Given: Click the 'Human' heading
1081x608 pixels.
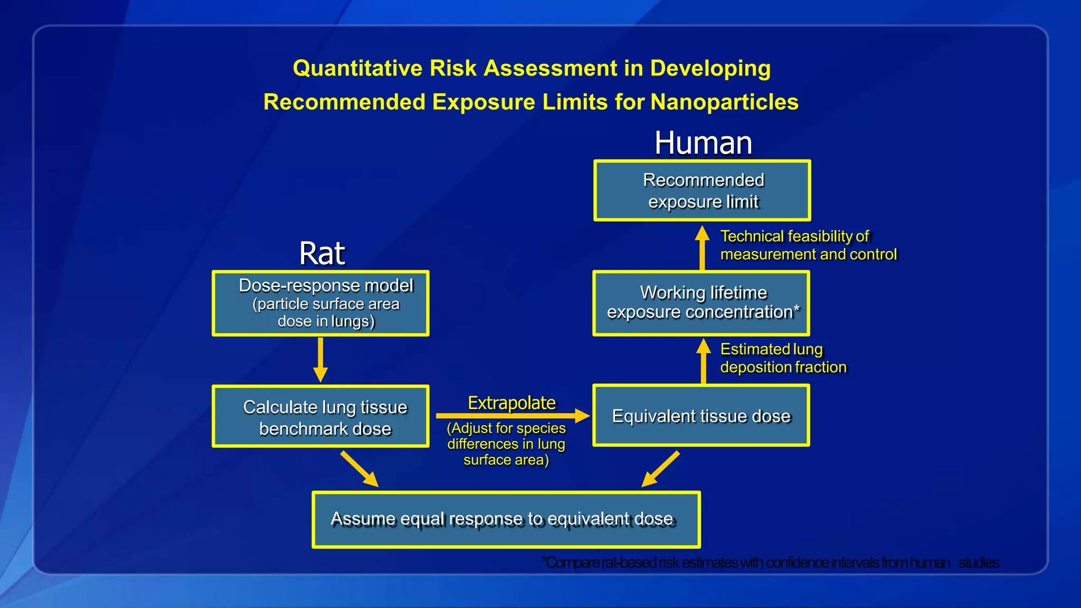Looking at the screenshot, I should (x=703, y=144).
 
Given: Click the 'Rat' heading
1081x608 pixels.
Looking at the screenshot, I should (x=321, y=254).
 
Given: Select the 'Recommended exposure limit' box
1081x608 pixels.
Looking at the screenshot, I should (x=702, y=191).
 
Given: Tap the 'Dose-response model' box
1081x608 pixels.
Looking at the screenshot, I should (x=320, y=303).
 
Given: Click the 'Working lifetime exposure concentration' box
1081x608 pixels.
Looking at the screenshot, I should (x=701, y=303).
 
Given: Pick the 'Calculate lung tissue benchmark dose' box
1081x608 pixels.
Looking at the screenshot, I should (x=320, y=417).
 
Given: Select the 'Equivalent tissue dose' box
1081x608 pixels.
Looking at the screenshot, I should (x=701, y=416).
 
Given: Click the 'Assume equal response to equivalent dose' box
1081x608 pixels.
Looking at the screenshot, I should (x=506, y=520).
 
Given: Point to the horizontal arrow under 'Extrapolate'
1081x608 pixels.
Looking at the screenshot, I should (x=512, y=416).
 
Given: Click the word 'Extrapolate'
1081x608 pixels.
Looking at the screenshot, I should (x=511, y=403).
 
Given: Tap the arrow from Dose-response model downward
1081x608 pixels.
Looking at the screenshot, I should (x=320, y=359).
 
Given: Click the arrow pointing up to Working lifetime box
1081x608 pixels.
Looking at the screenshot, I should (x=703, y=361).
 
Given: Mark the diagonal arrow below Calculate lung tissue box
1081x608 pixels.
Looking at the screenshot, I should (x=359, y=469).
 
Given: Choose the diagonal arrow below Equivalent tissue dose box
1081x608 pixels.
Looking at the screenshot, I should (x=660, y=469).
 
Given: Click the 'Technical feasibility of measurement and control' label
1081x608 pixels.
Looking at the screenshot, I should (x=808, y=245).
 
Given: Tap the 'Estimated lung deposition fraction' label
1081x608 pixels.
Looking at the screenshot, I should (x=783, y=358).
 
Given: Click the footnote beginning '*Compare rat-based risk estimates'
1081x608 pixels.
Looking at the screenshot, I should (x=771, y=563).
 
